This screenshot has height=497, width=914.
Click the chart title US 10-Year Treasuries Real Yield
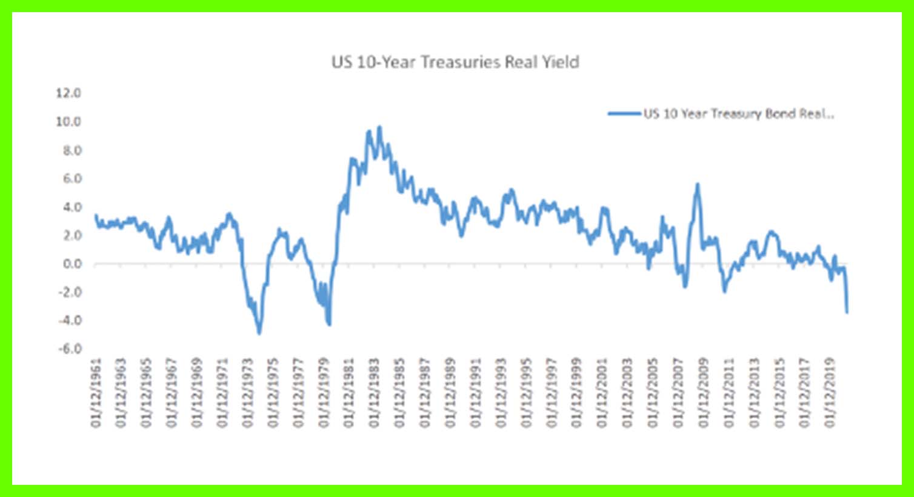point(455,62)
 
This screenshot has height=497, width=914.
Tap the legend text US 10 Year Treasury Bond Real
point(738,113)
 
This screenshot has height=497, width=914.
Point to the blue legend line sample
point(624,113)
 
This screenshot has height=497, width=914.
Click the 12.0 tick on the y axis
point(68,93)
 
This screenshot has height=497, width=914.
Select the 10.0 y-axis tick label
point(68,122)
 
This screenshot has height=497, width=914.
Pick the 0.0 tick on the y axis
point(71,264)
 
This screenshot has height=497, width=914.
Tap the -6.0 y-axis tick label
point(68,349)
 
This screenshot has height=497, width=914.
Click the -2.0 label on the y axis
point(68,292)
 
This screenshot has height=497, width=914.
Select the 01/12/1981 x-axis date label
point(349,393)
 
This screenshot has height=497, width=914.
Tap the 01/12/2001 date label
point(602,393)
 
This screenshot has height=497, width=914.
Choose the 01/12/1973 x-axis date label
point(248,393)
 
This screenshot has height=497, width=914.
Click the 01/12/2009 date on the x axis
point(704,393)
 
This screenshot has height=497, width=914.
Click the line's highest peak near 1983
point(379,127)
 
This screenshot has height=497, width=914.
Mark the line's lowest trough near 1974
point(259,333)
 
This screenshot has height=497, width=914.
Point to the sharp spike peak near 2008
point(698,184)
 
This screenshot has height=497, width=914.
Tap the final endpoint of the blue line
point(847,312)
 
